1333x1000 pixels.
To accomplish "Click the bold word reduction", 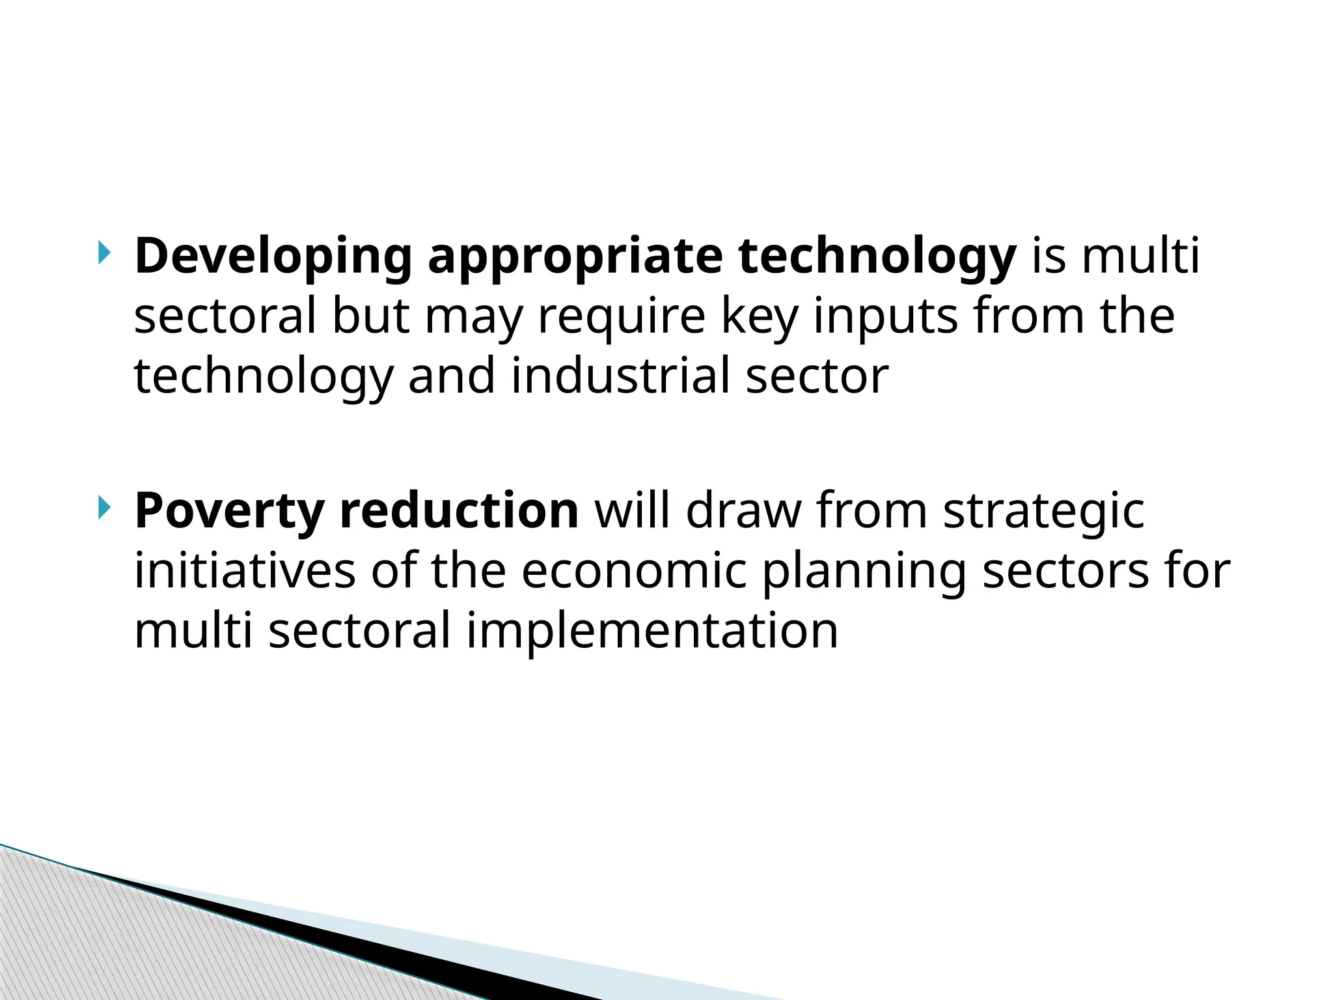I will tap(459, 511).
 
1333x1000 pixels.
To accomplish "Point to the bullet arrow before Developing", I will tap(103, 253).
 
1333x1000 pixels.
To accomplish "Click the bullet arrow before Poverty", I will tap(103, 507).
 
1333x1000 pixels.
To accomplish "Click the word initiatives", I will tap(245, 571).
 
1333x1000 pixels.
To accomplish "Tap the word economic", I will tap(634, 571).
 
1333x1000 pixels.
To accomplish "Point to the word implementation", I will tap(652, 631).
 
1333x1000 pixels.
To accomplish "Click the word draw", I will tap(743, 511).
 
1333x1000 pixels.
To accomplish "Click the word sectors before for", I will tap(1065, 571).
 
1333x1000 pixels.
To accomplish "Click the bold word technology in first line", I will tap(877, 257).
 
